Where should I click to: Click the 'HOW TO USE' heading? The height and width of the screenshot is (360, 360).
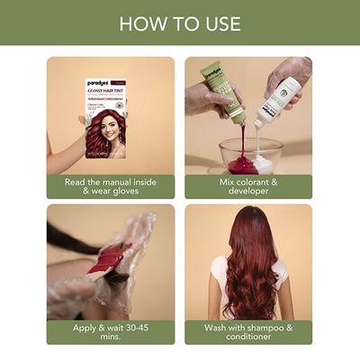tap(180, 22)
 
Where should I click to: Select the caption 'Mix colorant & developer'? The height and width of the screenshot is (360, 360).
tap(249, 186)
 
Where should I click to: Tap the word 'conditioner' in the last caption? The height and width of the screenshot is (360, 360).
tap(249, 338)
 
